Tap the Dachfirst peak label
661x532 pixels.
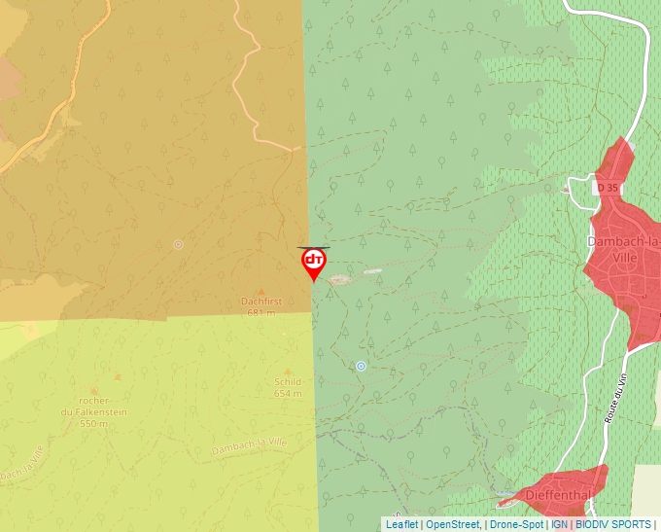[x=261, y=301]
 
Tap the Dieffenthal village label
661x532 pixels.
[x=558, y=495]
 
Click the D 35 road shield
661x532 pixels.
[x=607, y=186]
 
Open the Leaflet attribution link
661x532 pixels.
[x=401, y=524]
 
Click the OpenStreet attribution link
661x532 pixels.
[x=452, y=524]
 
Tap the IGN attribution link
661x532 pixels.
[x=559, y=524]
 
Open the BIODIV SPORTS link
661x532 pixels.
[x=613, y=524]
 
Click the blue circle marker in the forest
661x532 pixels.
[x=361, y=366]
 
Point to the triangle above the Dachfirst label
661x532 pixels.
[x=261, y=291]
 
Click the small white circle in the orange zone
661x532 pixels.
[x=178, y=245]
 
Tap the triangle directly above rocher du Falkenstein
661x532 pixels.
[x=118, y=375]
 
